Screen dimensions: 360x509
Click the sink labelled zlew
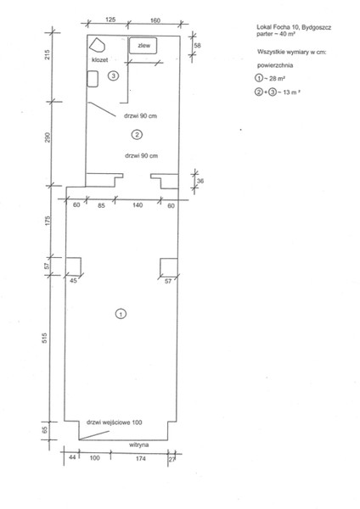click(143, 46)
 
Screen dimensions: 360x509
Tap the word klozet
click(99, 59)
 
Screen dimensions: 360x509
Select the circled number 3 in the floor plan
click(113, 76)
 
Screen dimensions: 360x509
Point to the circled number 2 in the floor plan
click(137, 134)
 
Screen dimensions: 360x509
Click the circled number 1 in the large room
click(121, 314)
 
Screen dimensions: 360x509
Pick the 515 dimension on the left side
click(45, 338)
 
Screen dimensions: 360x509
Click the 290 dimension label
click(48, 137)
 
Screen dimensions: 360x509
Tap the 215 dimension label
click(48, 54)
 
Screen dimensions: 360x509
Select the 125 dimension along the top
click(110, 20)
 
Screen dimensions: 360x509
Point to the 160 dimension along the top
click(155, 20)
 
